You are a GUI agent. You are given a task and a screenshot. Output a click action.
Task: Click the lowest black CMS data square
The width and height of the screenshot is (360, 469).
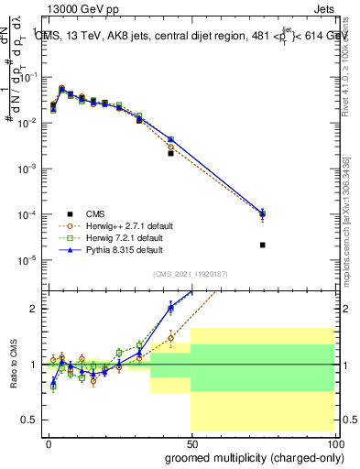tap(263, 245)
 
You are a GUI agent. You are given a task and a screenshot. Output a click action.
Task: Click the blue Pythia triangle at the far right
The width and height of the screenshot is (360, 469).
tap(263, 213)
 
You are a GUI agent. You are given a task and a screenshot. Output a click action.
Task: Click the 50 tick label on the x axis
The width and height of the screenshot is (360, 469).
tap(191, 443)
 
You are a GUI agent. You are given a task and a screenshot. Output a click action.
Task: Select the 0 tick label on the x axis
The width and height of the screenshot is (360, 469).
tap(48, 443)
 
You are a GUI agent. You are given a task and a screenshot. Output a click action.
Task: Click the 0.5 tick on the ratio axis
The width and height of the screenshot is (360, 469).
tap(35, 420)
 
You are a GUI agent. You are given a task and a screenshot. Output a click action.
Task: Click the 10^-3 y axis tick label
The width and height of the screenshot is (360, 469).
tap(27, 169)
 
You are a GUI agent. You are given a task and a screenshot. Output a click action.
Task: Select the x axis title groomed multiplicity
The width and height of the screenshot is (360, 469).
tap(250, 457)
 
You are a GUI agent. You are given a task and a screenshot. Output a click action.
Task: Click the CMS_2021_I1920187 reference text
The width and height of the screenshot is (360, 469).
tap(191, 274)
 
